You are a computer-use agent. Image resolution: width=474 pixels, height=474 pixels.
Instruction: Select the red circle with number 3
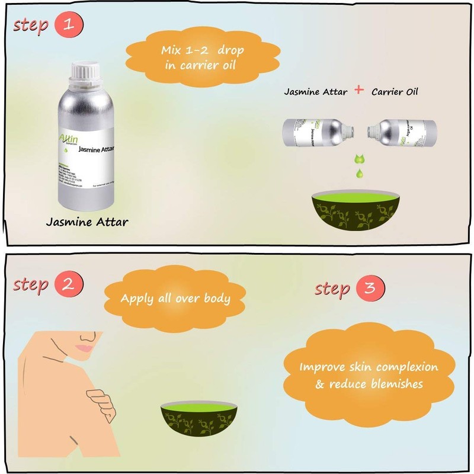pos(370,289)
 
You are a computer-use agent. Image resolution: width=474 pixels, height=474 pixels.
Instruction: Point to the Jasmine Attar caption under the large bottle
pos(87,223)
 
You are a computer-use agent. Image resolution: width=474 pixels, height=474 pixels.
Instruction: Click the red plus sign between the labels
pos(358,91)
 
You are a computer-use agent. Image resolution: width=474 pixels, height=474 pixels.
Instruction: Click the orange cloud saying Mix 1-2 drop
pos(199,57)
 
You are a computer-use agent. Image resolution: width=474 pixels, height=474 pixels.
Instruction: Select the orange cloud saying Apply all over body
pos(175,297)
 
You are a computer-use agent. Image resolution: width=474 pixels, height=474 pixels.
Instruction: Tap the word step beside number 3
pos(332,289)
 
